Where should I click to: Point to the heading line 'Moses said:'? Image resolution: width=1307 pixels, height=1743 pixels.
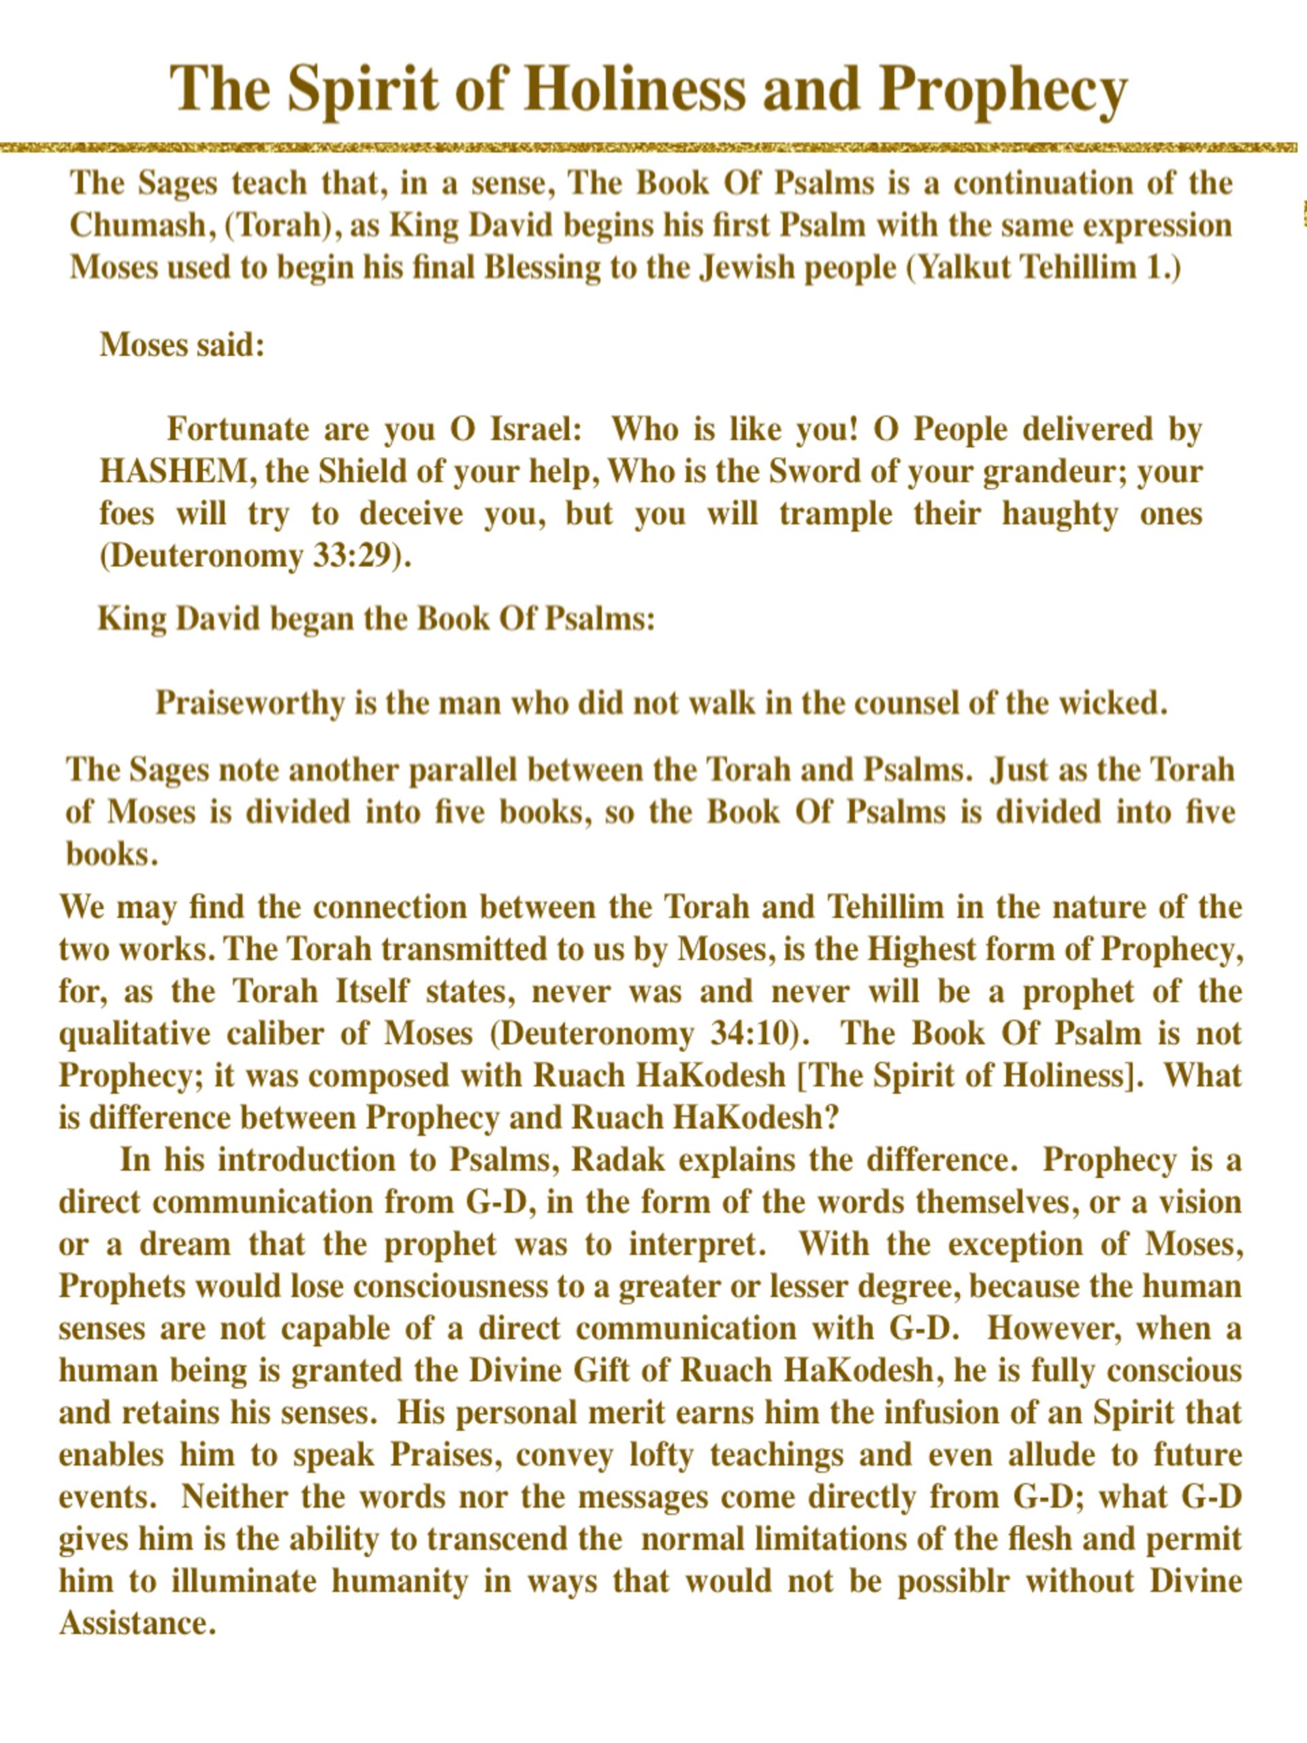tap(182, 345)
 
